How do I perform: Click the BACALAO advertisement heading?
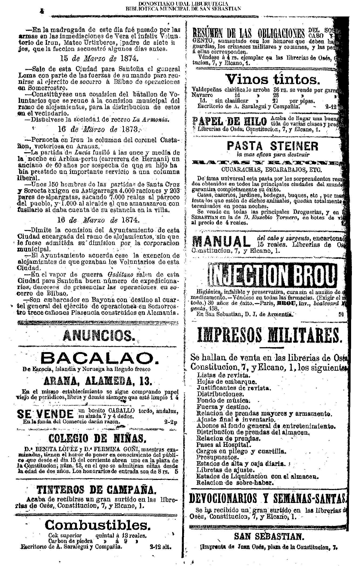pyautogui.click(x=99, y=358)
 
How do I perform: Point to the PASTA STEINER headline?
pyautogui.click(x=273, y=146)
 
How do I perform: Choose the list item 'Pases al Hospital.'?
pyautogui.click(x=224, y=444)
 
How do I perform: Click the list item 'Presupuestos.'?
pyautogui.click(x=218, y=457)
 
